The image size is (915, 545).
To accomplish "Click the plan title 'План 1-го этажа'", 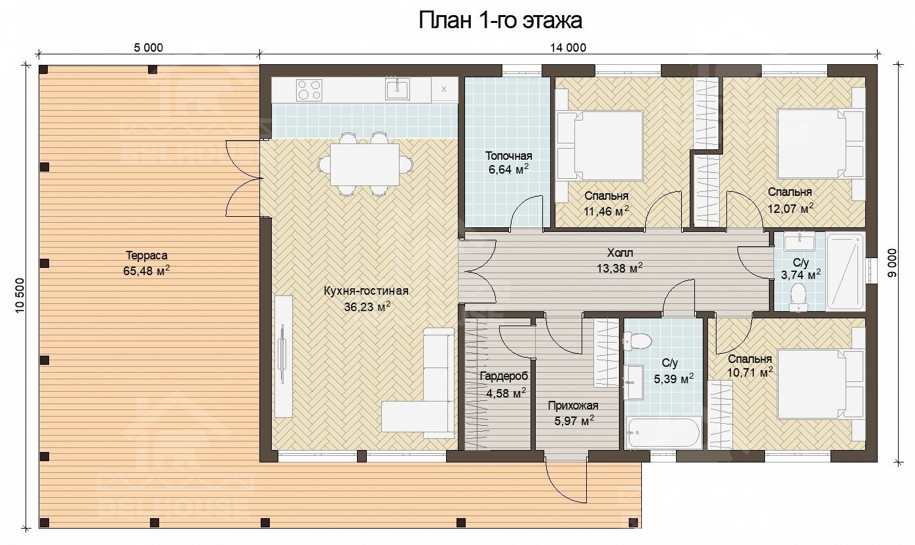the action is (500, 20).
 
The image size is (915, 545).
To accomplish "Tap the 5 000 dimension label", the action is (148, 48).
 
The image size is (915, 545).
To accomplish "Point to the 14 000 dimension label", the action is (568, 48).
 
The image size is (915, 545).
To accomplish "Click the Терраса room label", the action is (147, 255).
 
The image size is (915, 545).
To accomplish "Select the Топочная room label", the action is (508, 156).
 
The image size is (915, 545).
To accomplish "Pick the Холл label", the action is (620, 253).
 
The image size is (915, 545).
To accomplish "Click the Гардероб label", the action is (504, 376).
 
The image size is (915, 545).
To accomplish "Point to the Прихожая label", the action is (573, 405).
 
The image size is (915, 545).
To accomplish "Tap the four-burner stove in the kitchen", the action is (309, 90).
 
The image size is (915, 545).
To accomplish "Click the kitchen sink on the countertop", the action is (398, 89).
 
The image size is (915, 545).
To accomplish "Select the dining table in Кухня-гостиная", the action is (365, 164).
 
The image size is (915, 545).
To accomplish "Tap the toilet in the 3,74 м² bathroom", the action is (797, 297).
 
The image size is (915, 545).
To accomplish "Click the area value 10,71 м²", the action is (750, 373).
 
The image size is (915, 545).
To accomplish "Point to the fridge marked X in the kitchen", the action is (444, 90).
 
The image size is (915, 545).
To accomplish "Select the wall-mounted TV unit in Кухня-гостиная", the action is (284, 356).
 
